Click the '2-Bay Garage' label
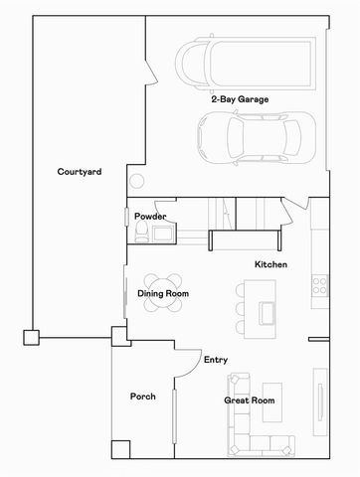click(x=239, y=99)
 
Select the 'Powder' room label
click(x=149, y=217)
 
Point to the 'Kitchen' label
click(x=271, y=264)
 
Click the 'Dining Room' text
click(x=163, y=294)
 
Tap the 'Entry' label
click(x=216, y=360)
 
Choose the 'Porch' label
click(x=143, y=397)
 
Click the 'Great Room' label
click(x=249, y=400)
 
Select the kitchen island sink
click(x=268, y=313)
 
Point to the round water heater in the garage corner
click(x=136, y=182)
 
